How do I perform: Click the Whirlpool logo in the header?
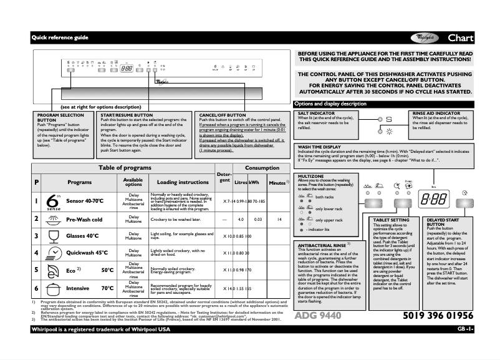[426, 38]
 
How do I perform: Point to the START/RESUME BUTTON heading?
[127, 115]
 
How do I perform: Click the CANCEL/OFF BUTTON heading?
[223, 115]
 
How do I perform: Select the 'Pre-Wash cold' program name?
[84, 220]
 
